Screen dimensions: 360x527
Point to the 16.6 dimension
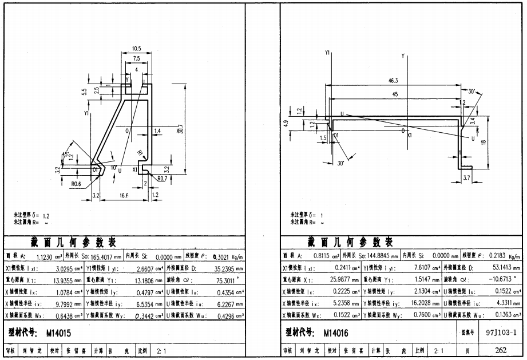pyautogui.click(x=124, y=196)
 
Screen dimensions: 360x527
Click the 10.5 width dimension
pyautogui.click(x=136, y=49)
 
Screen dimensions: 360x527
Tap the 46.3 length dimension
pyautogui.click(x=393, y=81)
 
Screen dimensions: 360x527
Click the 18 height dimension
pyautogui.click(x=484, y=144)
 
